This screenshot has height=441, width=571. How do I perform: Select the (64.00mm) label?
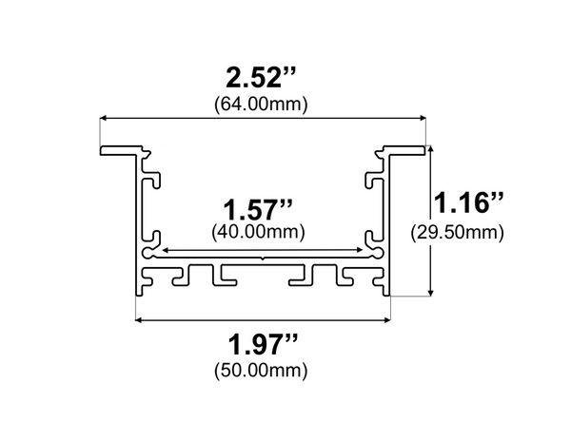coord(262,103)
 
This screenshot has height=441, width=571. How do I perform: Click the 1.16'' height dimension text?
coord(468,203)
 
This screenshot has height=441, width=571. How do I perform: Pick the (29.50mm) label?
coord(457,231)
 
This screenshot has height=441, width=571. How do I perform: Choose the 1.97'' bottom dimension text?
coord(262,342)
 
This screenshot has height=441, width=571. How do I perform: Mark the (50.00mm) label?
coord(262,369)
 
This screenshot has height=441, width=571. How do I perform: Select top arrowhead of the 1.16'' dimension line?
coord(433,149)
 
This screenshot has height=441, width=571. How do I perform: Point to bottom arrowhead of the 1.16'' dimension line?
coord(433,292)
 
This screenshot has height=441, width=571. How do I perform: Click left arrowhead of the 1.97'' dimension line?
coord(140,320)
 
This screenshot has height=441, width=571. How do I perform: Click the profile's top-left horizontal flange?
coord(119,150)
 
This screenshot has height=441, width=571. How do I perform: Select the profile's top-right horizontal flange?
coord(404,150)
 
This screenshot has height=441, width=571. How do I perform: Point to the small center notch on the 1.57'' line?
coord(262,254)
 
